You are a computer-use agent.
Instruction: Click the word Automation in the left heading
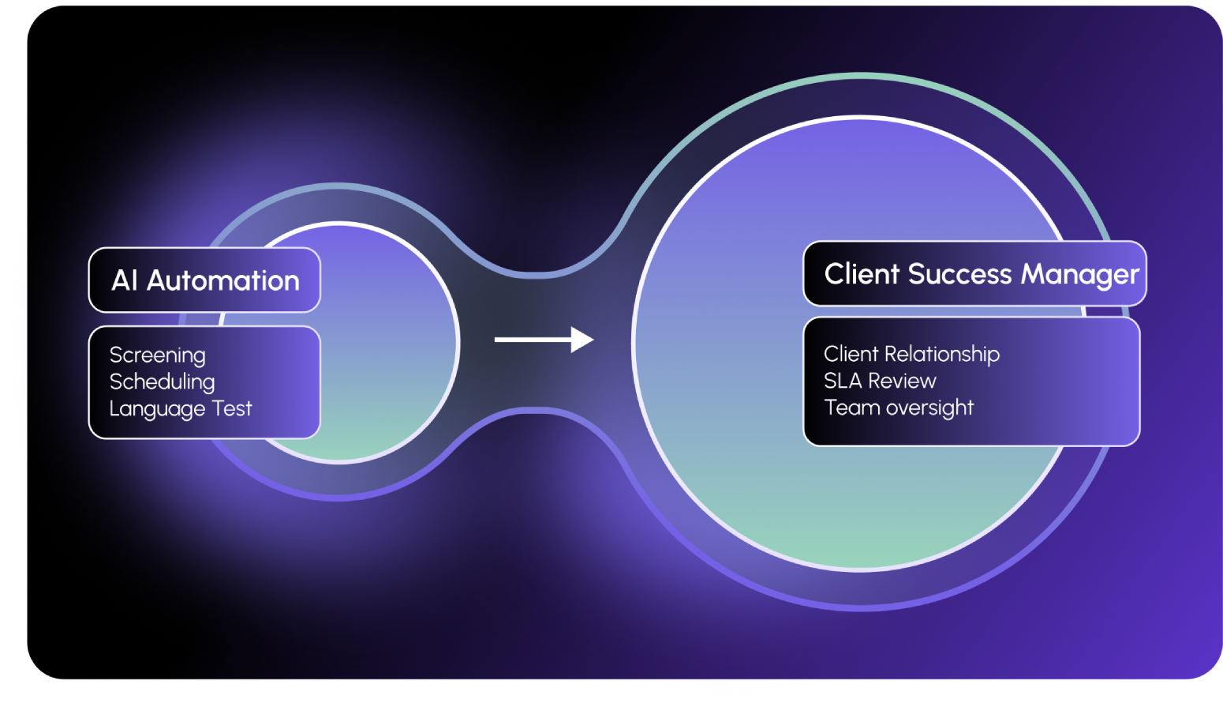[223, 280]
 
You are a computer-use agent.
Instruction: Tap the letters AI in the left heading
[125, 280]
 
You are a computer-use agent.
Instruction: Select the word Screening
[158, 355]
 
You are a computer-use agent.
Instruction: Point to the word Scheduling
[162, 382]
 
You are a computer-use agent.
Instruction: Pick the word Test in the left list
[232, 408]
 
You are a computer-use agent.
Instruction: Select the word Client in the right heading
[862, 274]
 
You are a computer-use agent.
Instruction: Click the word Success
[959, 274]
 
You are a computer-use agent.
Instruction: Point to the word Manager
[1080, 275]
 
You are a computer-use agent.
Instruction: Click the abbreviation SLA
[843, 381]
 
